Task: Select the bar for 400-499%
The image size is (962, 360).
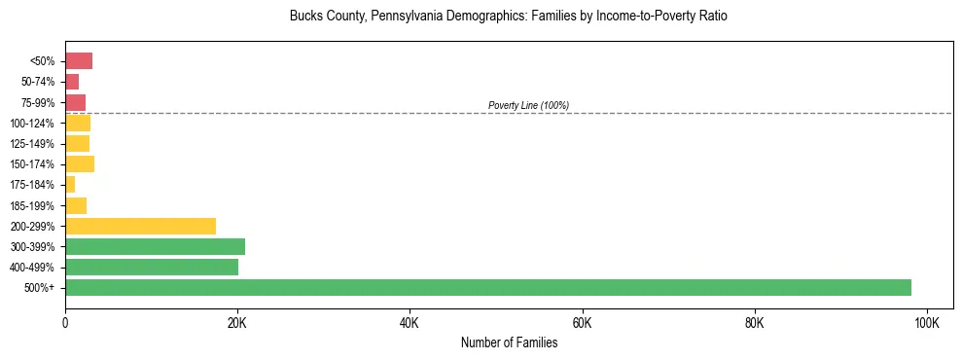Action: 152,267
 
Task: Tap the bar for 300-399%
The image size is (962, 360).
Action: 155,246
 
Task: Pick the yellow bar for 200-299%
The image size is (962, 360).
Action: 140,226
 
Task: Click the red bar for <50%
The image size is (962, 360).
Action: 79,61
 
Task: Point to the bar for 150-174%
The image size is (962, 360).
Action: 80,163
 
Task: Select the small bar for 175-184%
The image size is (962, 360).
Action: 70,184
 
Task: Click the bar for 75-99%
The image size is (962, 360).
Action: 76,102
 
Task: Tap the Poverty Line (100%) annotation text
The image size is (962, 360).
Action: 528,105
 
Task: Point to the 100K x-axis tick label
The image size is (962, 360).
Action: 926,323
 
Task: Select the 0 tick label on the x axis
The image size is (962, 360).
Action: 65,323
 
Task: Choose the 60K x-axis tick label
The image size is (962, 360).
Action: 582,323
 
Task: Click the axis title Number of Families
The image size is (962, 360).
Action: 509,342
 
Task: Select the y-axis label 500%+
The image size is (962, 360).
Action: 41,288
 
